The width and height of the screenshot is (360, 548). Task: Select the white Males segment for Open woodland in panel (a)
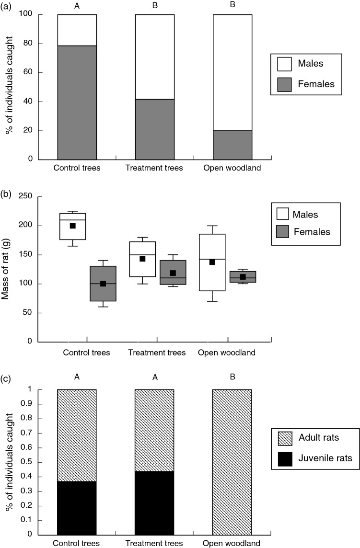click(232, 72)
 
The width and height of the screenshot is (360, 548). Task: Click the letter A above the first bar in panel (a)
click(77, 6)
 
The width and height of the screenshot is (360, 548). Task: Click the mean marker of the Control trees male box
click(73, 226)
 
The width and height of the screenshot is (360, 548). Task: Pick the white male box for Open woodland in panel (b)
click(212, 263)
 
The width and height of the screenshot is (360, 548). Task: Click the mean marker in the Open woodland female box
click(243, 277)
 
